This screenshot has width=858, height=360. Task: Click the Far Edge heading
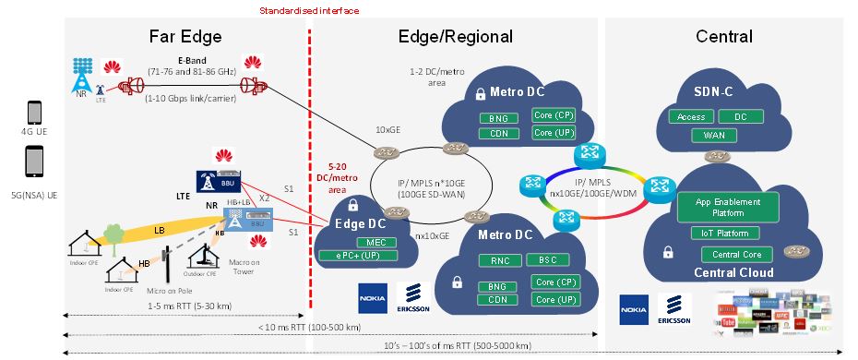coord(185,38)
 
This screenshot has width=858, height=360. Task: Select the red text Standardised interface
coord(309,11)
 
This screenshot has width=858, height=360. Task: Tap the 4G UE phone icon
coord(34,113)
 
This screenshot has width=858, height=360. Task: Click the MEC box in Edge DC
coord(356,242)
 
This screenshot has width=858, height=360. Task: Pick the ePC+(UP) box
coord(356,256)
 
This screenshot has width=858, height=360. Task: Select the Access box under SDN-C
coord(691,117)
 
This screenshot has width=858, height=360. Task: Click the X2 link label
coord(264,198)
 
